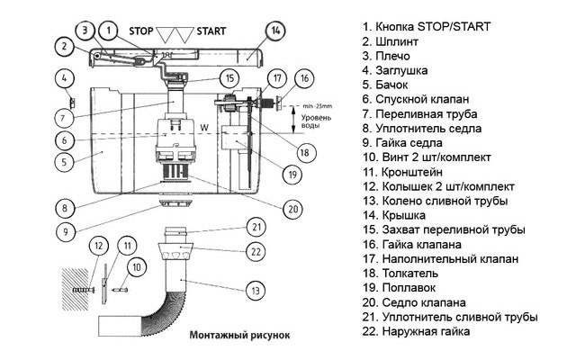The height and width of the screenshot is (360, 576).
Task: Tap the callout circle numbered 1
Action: click(x=109, y=31)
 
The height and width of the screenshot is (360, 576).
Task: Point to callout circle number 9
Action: click(x=63, y=230)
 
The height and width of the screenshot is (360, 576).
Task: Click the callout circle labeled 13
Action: click(x=256, y=290)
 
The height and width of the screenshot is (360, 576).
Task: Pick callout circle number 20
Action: click(x=292, y=208)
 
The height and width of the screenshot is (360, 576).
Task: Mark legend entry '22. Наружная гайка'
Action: click(x=426, y=331)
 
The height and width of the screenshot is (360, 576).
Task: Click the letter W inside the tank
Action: click(x=203, y=128)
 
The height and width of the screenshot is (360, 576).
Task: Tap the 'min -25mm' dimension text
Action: click(x=307, y=106)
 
